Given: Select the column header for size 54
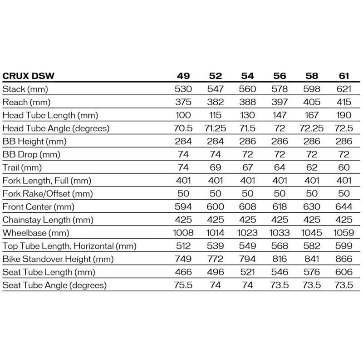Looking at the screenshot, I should pos(247,76).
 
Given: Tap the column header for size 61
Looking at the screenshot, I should pos(344,76).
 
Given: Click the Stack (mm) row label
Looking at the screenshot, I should pos(25,89).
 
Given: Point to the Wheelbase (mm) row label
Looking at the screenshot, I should pos(36,233).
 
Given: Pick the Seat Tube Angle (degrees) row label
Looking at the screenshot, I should pos(54,285).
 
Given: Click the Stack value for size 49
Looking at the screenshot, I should pos(183,89).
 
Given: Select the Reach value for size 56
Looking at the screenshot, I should pos(280,102).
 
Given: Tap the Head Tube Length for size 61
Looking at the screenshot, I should pos(344,115).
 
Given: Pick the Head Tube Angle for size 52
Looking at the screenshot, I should pos(215,128).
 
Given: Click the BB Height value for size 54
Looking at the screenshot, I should pos(247,142).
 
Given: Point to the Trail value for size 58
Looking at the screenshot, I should pos(312,167).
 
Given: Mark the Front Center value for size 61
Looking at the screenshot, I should pos(344,207).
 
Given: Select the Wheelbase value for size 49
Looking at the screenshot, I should pos(183,233).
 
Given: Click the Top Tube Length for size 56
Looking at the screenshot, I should pos(280,246).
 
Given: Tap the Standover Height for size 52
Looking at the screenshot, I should pos(215,260).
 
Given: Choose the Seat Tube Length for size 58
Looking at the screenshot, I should pos(312,272).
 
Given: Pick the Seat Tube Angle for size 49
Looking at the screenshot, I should pos(183,285).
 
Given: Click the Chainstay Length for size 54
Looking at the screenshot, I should pos(247,220).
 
